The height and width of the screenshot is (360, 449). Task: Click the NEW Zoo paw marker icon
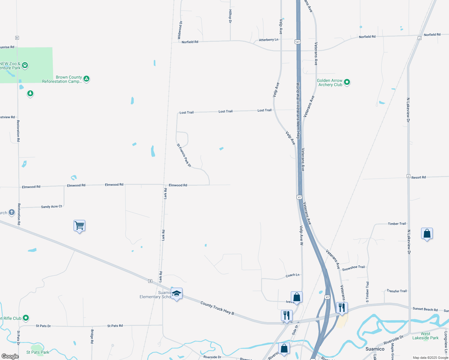[x=25, y=65]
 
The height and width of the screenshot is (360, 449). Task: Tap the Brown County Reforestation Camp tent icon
[x=86, y=79]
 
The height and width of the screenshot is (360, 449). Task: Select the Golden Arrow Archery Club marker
[x=347, y=82]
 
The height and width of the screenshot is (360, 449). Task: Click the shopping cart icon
[x=80, y=225]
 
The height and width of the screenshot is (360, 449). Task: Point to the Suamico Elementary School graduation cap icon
[x=176, y=294]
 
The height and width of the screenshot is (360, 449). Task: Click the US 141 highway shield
[x=297, y=42]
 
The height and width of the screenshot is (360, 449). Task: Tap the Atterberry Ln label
[x=269, y=40]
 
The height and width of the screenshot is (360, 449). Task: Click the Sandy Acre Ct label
[x=51, y=207]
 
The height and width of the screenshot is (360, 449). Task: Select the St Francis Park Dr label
[x=184, y=155]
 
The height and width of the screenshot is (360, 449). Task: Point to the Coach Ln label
[x=292, y=275]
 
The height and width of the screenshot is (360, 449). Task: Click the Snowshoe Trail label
[x=353, y=268]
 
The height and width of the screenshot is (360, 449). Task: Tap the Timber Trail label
[x=397, y=224]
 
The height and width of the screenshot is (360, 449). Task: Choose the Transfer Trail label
[x=396, y=291]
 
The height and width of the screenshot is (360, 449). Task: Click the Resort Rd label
[x=418, y=178]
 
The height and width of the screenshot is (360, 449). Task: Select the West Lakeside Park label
[x=425, y=336]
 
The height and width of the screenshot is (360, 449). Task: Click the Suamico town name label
[x=375, y=349]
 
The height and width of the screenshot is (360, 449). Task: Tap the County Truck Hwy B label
[x=217, y=308]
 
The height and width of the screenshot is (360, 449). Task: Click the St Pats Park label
[x=38, y=352]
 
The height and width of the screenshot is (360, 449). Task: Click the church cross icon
[x=12, y=213]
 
